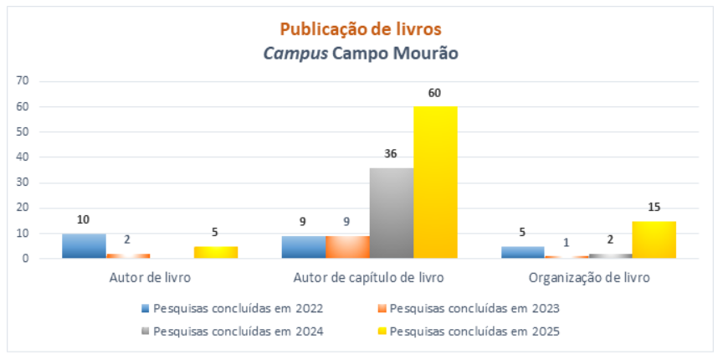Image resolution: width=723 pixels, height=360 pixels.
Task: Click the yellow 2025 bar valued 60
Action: click(435, 183)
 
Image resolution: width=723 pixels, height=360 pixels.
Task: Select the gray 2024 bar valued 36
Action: click(392, 213)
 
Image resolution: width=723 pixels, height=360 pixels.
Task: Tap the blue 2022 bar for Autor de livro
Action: click(84, 246)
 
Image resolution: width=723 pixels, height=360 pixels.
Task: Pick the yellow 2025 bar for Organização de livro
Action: click(654, 239)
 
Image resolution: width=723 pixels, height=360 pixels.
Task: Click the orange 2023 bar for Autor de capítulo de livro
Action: click(347, 247)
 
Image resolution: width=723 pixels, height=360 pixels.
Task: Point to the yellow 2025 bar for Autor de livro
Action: click(215, 252)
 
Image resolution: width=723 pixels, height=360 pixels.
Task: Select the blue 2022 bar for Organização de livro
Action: click(522, 252)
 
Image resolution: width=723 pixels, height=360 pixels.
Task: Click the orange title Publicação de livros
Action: click(361, 29)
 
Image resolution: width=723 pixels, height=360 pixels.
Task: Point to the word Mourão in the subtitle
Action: click(427, 54)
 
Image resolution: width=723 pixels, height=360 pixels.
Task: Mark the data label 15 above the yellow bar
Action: click(654, 207)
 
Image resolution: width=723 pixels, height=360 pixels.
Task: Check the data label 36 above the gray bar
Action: click(391, 154)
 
